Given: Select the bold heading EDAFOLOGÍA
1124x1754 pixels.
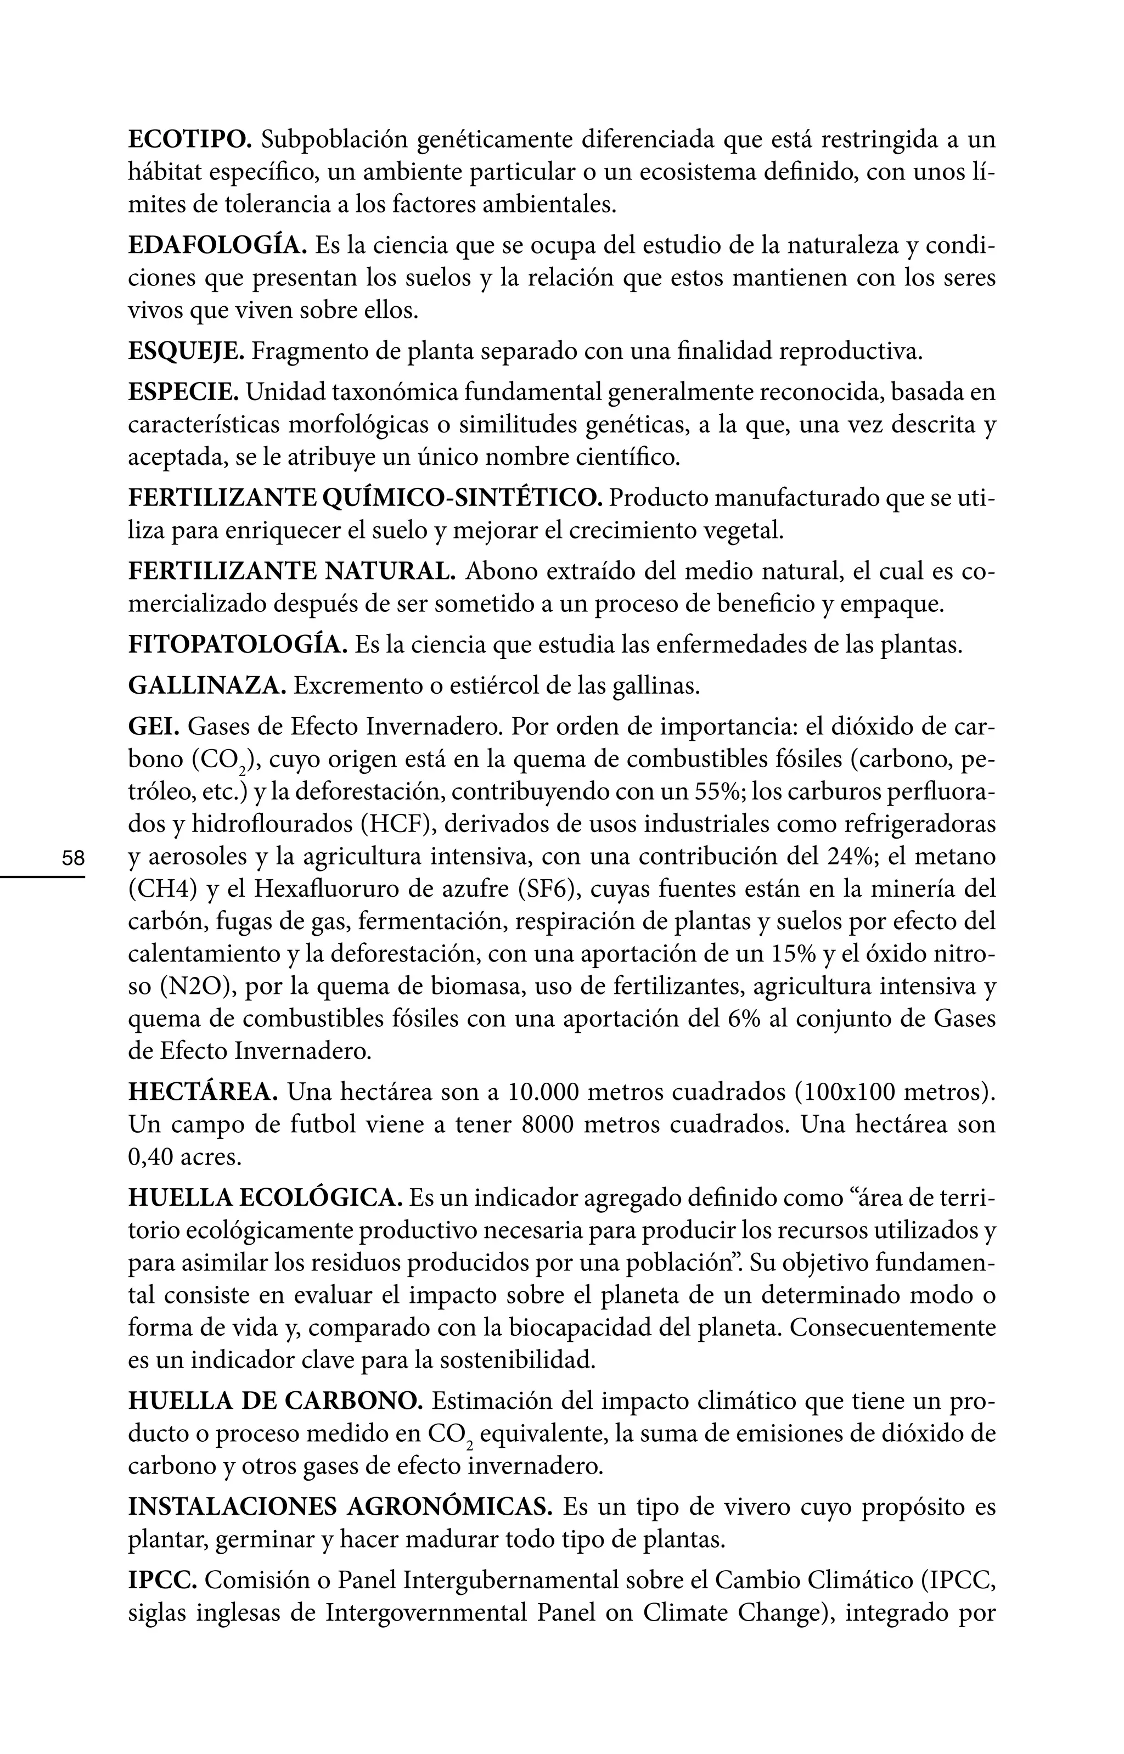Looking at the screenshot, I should point(217,246).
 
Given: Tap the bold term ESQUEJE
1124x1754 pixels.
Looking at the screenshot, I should point(187,352).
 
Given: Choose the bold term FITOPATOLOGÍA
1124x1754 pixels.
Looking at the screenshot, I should point(238,645).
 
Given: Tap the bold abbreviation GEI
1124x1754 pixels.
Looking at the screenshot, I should point(154,727).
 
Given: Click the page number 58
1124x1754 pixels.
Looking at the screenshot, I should point(73,857).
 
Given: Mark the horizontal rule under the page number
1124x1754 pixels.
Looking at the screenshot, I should point(42,876).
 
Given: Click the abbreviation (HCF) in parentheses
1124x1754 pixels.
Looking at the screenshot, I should point(397,824).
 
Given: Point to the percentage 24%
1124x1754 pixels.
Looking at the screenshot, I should point(852,857).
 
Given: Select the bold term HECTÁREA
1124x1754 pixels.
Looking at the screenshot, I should point(203,1092).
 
